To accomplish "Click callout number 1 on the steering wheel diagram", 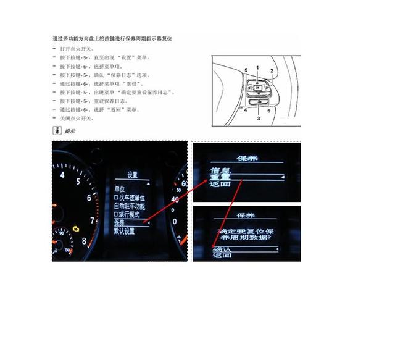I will tap(258, 67).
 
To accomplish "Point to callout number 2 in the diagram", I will tap(271, 71).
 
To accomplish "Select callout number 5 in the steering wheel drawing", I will tap(246, 70).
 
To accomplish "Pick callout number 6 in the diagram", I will tap(269, 110).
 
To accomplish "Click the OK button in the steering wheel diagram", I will tap(257, 83).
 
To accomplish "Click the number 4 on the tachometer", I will tap(62, 175).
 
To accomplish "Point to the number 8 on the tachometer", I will tap(85, 241).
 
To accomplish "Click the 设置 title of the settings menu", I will tap(132, 175).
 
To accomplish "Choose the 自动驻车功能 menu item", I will tap(129, 206).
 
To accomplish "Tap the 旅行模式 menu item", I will tap(127, 214).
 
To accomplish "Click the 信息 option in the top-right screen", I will tap(220, 170).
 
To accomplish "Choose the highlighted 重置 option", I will tap(220, 177).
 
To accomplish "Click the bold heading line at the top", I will tap(112, 38).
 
